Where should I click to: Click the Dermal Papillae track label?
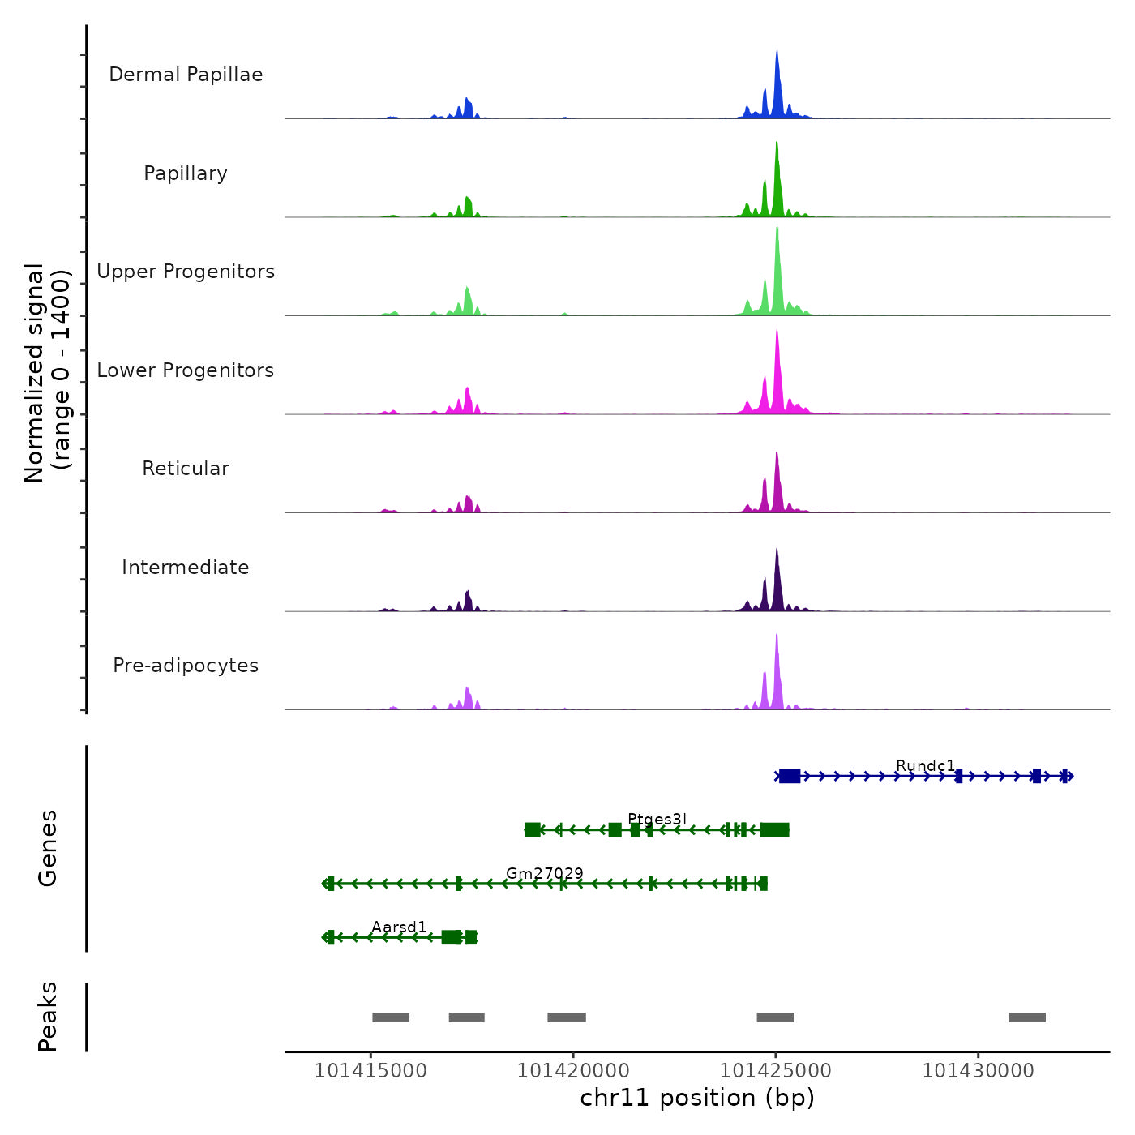(x=186, y=75)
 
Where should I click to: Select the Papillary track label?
(x=186, y=173)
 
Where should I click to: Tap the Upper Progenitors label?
(x=186, y=272)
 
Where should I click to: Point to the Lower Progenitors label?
(x=186, y=370)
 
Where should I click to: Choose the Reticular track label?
(x=186, y=469)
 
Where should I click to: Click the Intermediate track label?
(x=186, y=567)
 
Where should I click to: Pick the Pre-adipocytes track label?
(x=186, y=666)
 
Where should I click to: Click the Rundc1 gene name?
(x=925, y=765)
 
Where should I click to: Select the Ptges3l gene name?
(x=657, y=819)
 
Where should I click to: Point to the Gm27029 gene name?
(x=544, y=873)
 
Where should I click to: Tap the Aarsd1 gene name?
(x=399, y=927)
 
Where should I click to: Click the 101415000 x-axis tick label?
(x=370, y=1071)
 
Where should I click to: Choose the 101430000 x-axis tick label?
(x=979, y=1071)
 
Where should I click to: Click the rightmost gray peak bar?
(x=1026, y=1017)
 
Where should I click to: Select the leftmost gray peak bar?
(x=391, y=1017)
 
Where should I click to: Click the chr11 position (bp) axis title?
(x=697, y=1098)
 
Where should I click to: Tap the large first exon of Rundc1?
(x=790, y=776)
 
